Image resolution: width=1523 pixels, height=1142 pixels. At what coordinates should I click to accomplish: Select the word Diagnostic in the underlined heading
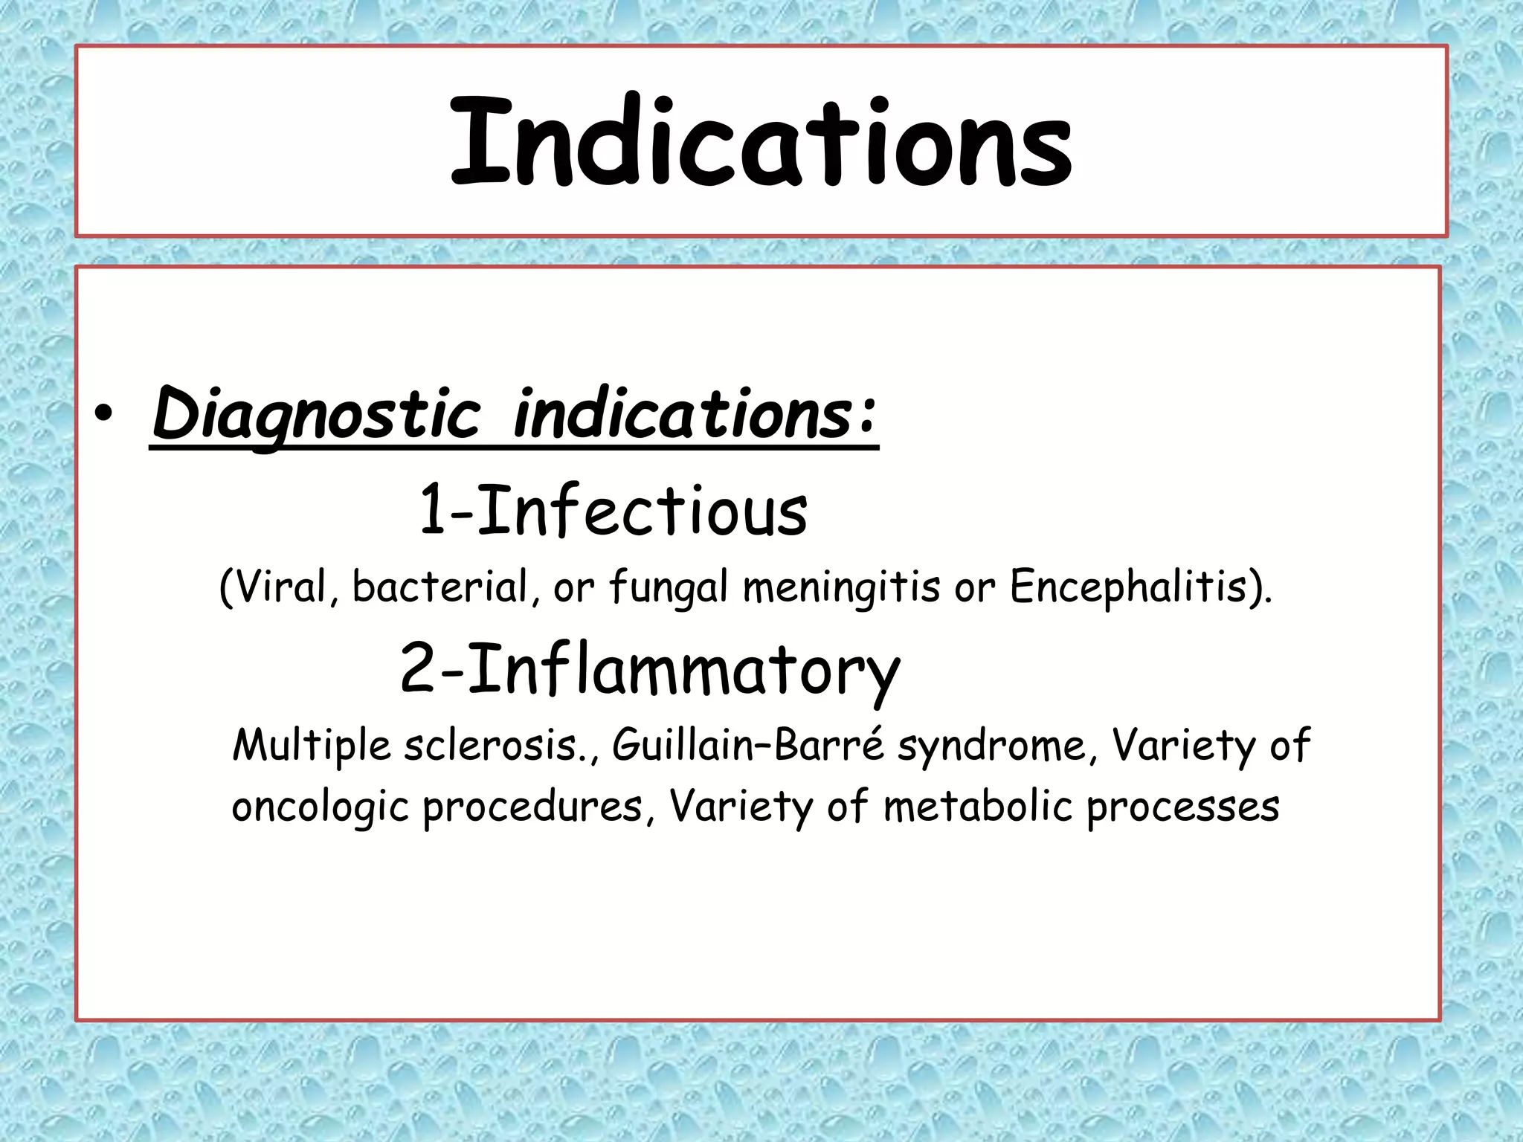(x=316, y=415)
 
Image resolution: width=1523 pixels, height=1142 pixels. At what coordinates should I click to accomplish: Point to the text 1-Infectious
(x=614, y=511)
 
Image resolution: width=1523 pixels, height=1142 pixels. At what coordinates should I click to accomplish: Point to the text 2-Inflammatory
(x=650, y=669)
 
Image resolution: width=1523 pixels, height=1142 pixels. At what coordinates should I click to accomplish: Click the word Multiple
(x=311, y=746)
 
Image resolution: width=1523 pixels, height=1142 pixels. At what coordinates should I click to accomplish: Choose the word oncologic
(x=320, y=807)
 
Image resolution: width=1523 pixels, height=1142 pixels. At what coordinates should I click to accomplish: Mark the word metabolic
(x=978, y=806)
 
